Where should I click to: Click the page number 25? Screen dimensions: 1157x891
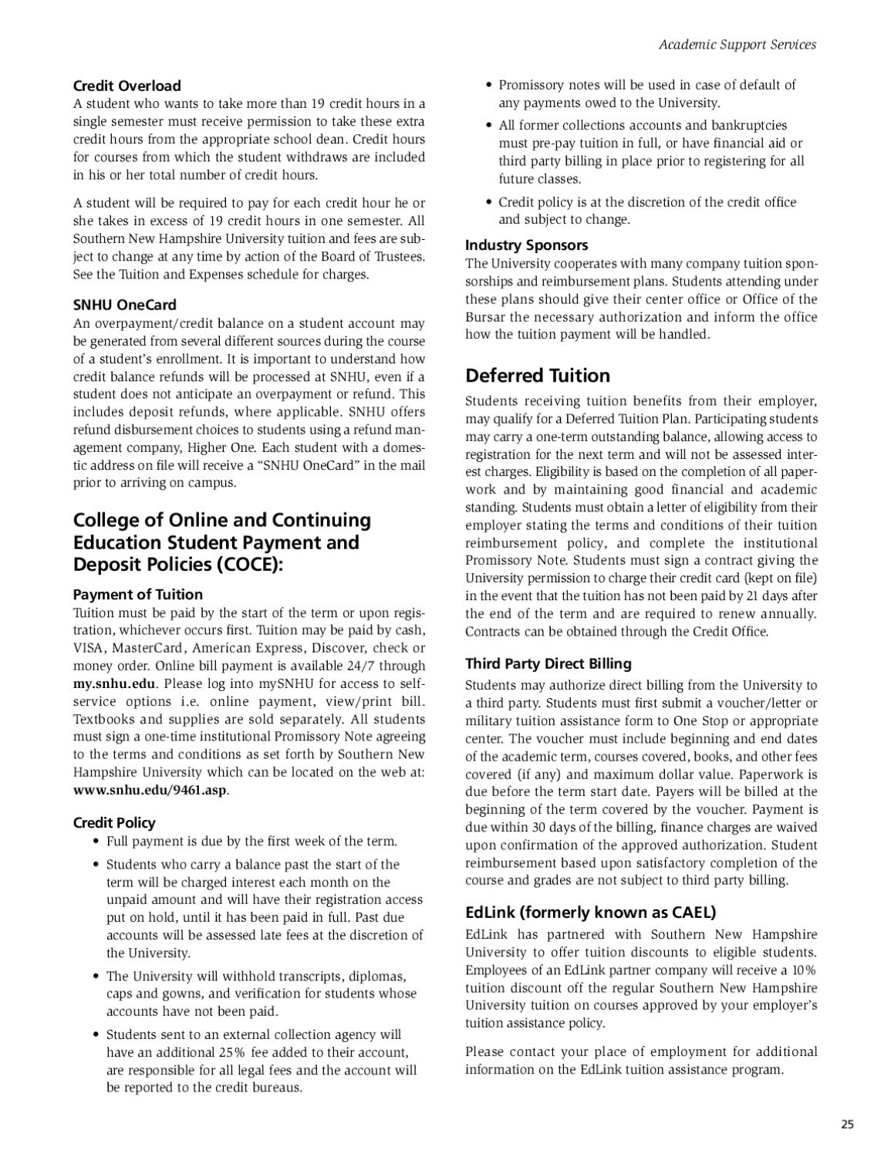point(847,1124)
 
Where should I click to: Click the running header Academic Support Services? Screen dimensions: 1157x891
point(737,45)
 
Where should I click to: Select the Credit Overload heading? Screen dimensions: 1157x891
point(127,86)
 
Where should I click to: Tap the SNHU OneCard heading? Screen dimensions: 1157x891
point(124,305)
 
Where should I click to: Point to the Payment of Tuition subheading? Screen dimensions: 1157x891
point(137,595)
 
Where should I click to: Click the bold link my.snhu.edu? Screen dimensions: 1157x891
point(114,683)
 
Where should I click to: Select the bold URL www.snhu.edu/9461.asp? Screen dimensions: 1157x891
point(150,790)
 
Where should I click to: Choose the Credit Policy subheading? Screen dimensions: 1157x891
point(114,823)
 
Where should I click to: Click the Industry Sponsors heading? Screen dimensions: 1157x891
point(526,245)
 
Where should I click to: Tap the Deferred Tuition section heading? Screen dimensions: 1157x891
point(537,376)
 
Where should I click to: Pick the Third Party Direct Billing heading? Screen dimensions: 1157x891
point(548,664)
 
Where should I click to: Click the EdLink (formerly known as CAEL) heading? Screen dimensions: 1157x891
point(590,912)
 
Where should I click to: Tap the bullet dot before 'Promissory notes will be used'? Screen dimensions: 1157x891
point(489,86)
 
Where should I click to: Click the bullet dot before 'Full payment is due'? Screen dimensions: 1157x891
point(96,842)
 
